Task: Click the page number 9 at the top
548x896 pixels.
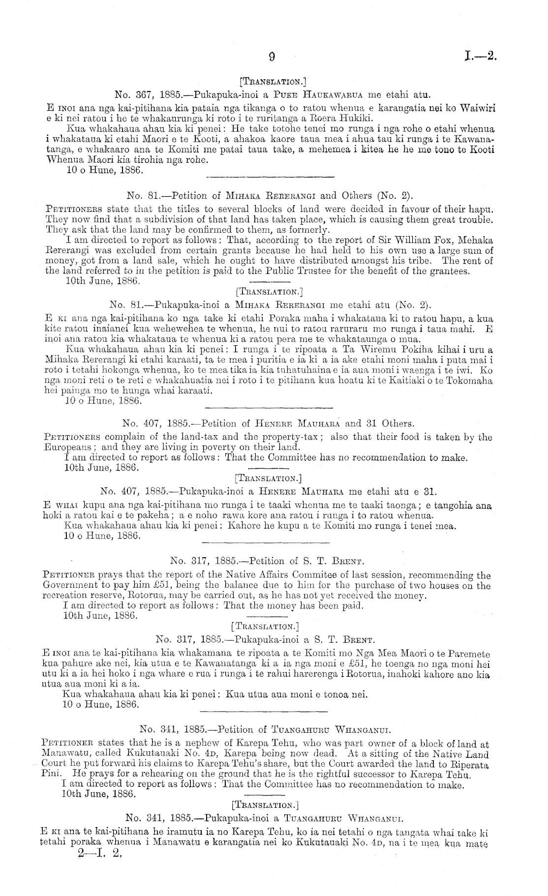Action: pos(272,57)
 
